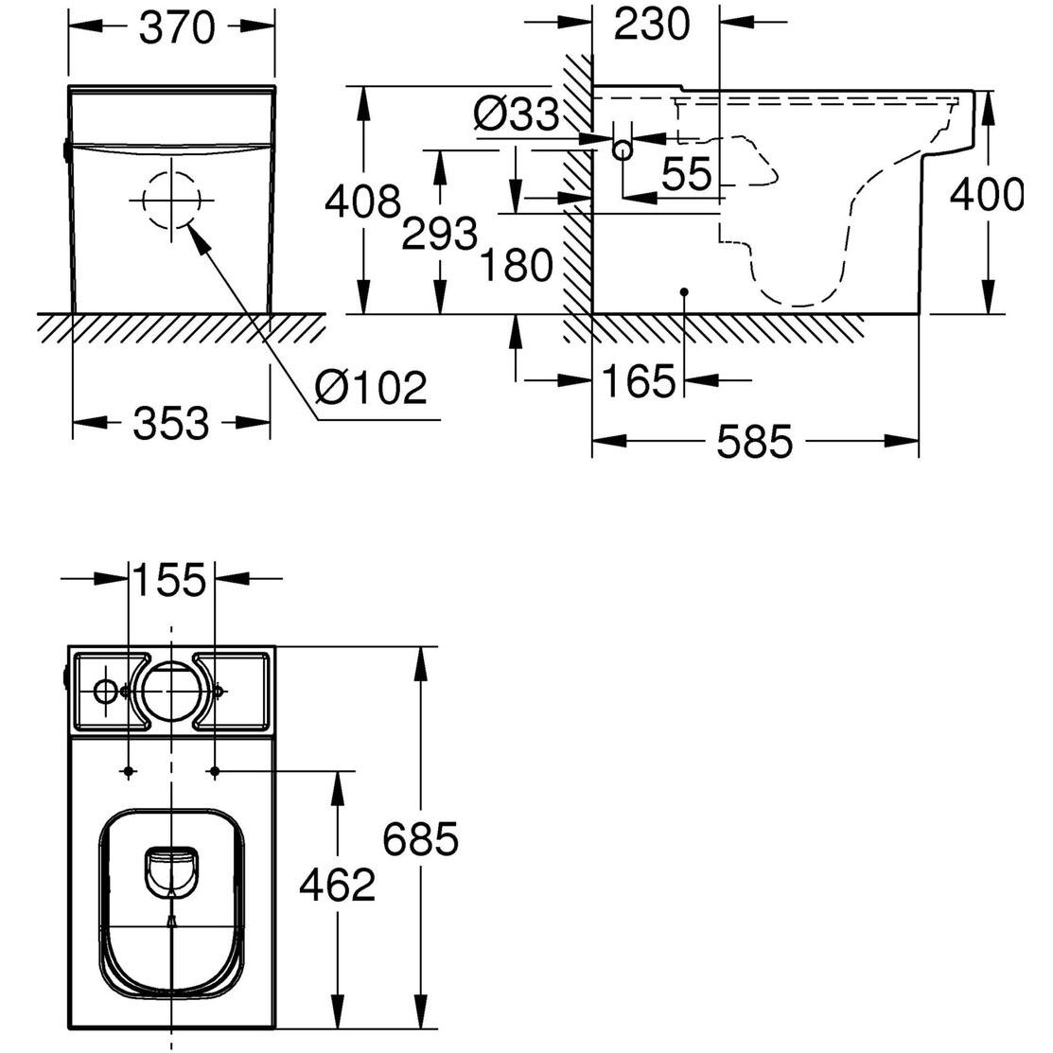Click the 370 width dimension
coord(177,27)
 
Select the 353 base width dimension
coord(170,422)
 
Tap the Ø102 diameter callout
coord(371,388)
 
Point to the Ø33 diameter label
coord(516,116)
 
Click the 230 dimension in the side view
coord(652,24)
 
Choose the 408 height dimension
coord(362,202)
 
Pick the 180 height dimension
coord(515,266)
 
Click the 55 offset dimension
coord(686,175)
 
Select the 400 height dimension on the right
coord(987,196)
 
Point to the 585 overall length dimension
coord(753,441)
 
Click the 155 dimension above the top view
coord(170,580)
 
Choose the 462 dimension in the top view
coord(338,885)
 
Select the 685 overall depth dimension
coord(421,838)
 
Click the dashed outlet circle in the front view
coord(171,201)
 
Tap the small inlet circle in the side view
coord(623,149)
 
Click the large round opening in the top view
coord(171,692)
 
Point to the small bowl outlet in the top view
coord(171,867)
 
